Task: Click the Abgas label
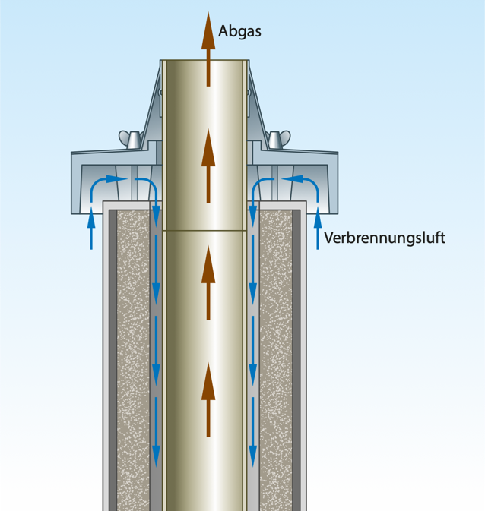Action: pos(239,31)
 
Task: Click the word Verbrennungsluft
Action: pos(384,238)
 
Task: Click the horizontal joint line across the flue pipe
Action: pos(205,230)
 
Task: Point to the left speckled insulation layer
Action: pos(132,357)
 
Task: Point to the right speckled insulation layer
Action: pos(277,357)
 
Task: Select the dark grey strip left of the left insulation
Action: pos(113,357)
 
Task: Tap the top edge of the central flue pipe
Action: pos(205,61)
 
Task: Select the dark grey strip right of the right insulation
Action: pos(297,357)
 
